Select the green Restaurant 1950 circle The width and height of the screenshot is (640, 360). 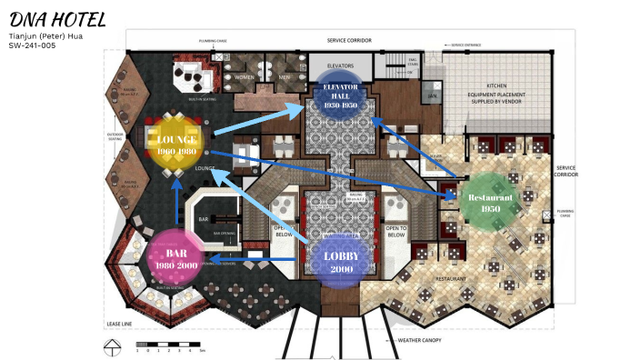490,204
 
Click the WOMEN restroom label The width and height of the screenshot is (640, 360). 245,77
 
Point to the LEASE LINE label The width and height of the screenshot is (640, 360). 120,324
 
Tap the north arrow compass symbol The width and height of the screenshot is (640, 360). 112,346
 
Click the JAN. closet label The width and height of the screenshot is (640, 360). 433,95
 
